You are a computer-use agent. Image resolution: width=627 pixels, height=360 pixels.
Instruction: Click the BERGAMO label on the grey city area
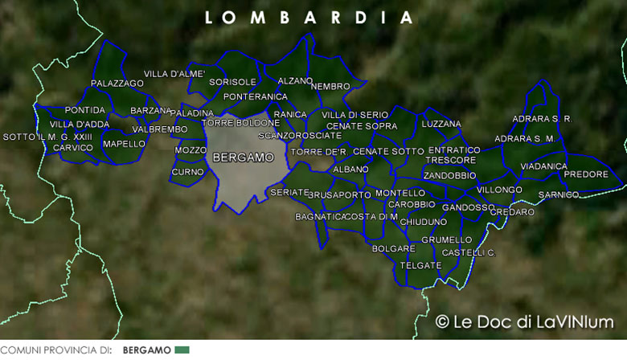coord(243,158)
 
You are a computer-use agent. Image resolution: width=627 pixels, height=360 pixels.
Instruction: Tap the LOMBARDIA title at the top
coord(309,18)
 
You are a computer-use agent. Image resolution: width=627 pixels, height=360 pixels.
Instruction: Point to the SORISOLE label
coord(232,82)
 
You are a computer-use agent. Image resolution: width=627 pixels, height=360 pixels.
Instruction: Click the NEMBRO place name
coord(330,86)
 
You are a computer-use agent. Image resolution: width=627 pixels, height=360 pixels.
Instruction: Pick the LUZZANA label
coord(441,124)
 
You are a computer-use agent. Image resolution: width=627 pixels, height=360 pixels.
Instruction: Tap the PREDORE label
coord(586,174)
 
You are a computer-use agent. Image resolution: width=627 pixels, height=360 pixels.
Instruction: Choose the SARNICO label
coord(559,195)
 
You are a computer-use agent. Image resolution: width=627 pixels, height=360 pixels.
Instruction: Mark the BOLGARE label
coord(393,249)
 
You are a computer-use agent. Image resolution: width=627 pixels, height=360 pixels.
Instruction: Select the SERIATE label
coord(289,193)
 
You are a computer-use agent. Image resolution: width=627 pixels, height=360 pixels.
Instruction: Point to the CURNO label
coord(188,172)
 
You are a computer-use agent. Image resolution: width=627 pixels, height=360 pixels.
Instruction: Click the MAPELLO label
coord(125,145)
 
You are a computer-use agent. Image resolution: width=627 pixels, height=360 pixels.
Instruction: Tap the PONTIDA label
coord(85,110)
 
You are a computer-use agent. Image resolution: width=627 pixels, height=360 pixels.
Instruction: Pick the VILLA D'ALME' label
coord(174,74)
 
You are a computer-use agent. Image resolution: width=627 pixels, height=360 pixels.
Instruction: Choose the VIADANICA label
coord(543,166)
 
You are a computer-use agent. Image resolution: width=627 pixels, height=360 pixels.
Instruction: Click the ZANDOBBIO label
coord(449,175)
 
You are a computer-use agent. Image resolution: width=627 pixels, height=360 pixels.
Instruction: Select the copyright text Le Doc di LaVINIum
coord(524,322)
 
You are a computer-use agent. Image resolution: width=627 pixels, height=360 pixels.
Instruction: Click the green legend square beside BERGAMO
coord(182,350)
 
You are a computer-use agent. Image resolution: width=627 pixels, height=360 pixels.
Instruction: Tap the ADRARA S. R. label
coord(542,119)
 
